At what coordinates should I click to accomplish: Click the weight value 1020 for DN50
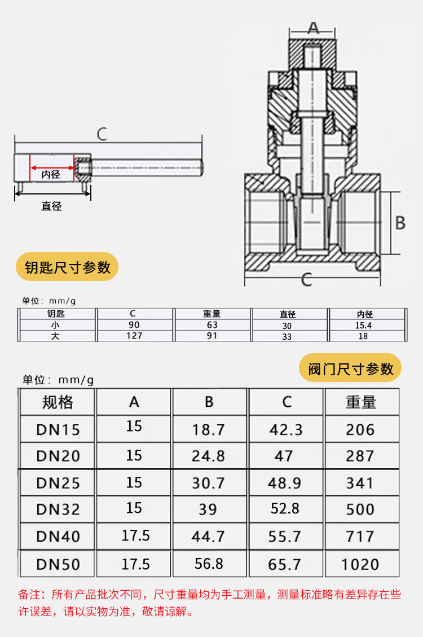pos(360,564)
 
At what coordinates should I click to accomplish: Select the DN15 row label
pos(58,430)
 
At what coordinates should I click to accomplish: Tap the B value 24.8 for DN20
pos(208,456)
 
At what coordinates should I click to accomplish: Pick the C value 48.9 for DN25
pos(285,483)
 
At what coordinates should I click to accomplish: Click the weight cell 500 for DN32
pos(360,509)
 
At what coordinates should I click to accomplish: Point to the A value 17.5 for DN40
pos(135,535)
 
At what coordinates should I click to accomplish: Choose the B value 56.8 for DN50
pos(209,564)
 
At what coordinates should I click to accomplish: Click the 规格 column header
pos(58,402)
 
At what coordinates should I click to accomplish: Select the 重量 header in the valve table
pos(361,402)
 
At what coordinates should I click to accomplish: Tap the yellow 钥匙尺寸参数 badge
pos(67,267)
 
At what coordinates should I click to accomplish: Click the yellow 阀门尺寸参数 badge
pos(350,368)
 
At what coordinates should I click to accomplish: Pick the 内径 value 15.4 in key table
pos(363,326)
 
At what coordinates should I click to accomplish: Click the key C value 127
pos(134,336)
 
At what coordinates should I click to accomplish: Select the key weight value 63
pos(212,325)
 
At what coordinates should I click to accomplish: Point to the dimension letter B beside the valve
pos(400,223)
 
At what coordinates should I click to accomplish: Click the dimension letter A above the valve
pos(313,27)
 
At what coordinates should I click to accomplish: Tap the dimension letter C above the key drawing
pos(102,134)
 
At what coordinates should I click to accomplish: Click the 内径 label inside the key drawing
pos(51,174)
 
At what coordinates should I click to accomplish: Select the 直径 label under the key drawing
pos(51,207)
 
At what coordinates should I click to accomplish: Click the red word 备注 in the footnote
pos(29,595)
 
